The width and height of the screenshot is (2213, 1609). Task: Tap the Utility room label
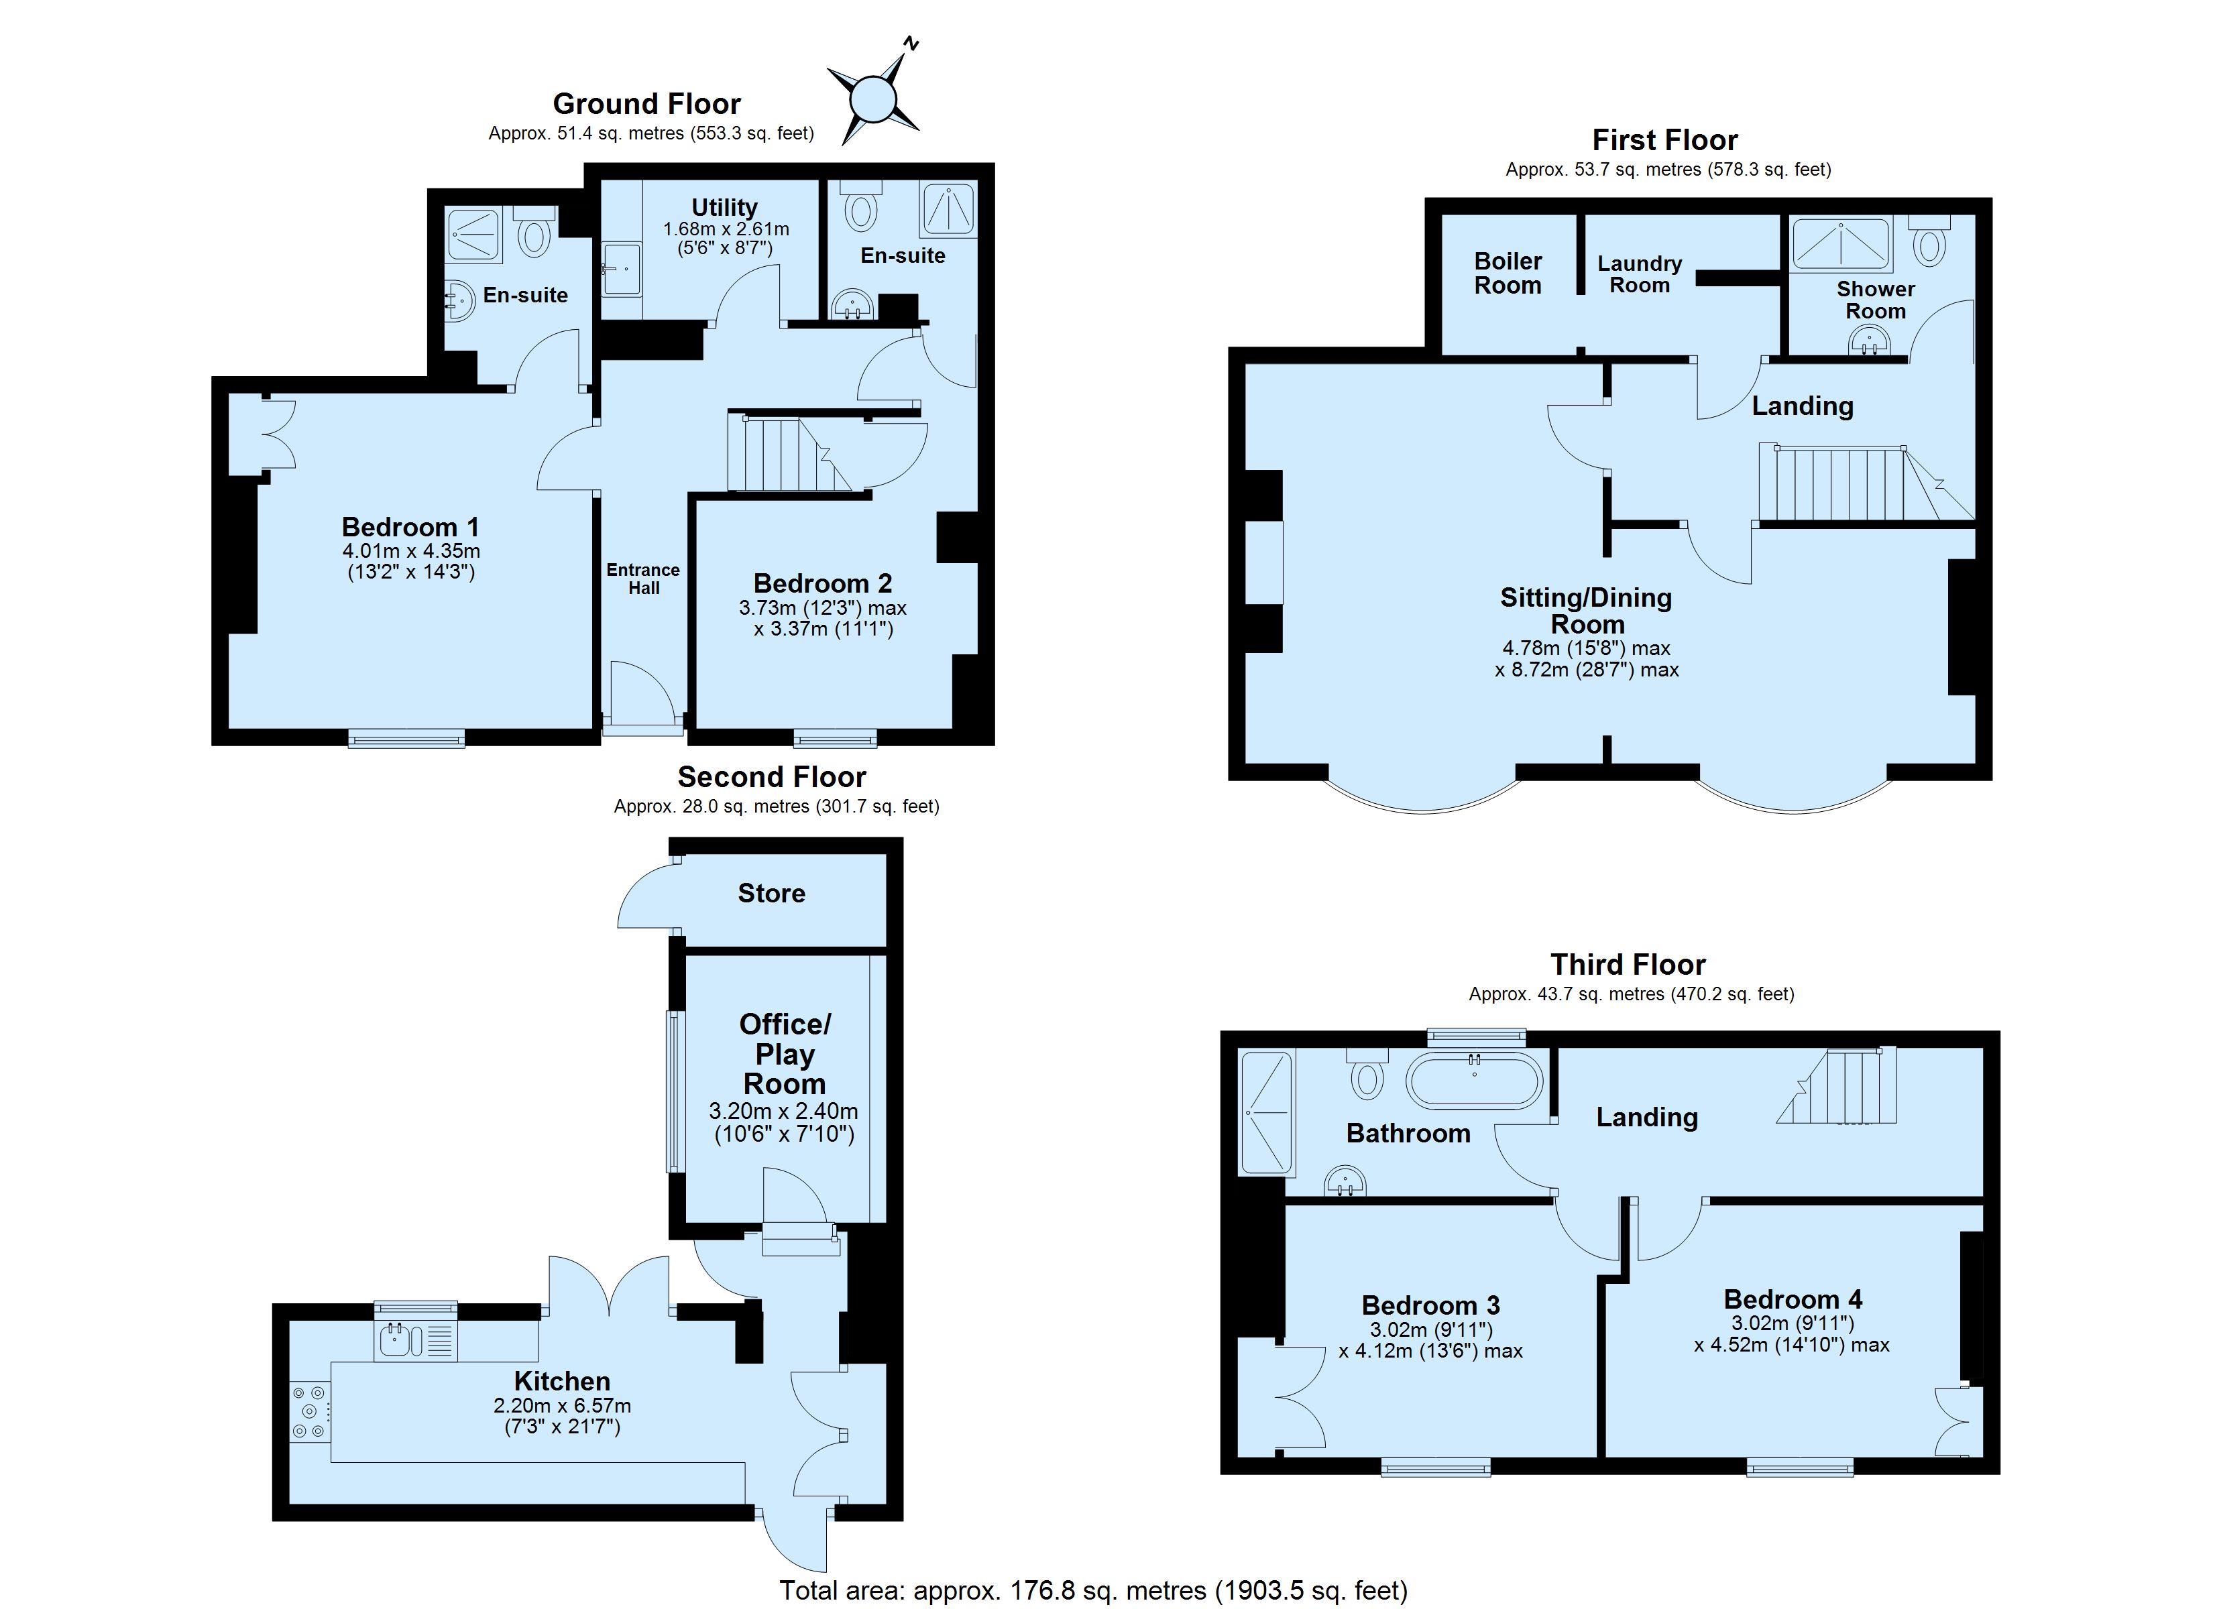click(725, 207)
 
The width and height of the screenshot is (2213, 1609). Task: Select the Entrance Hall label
click(643, 579)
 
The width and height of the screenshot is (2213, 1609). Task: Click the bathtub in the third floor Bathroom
click(1475, 1081)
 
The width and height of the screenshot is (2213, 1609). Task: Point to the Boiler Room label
click(1508, 274)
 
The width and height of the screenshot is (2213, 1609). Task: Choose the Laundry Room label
click(1639, 274)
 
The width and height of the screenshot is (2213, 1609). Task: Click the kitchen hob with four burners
click(310, 1411)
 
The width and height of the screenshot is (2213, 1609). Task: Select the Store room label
click(771, 893)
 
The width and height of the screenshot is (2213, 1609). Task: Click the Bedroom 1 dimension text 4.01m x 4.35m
click(411, 551)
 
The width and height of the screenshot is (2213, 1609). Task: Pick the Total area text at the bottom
click(1093, 1590)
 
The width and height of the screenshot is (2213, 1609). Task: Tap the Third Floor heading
click(1628, 965)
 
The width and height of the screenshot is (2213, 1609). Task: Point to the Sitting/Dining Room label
click(1585, 611)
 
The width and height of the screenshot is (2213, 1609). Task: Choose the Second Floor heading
click(772, 778)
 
